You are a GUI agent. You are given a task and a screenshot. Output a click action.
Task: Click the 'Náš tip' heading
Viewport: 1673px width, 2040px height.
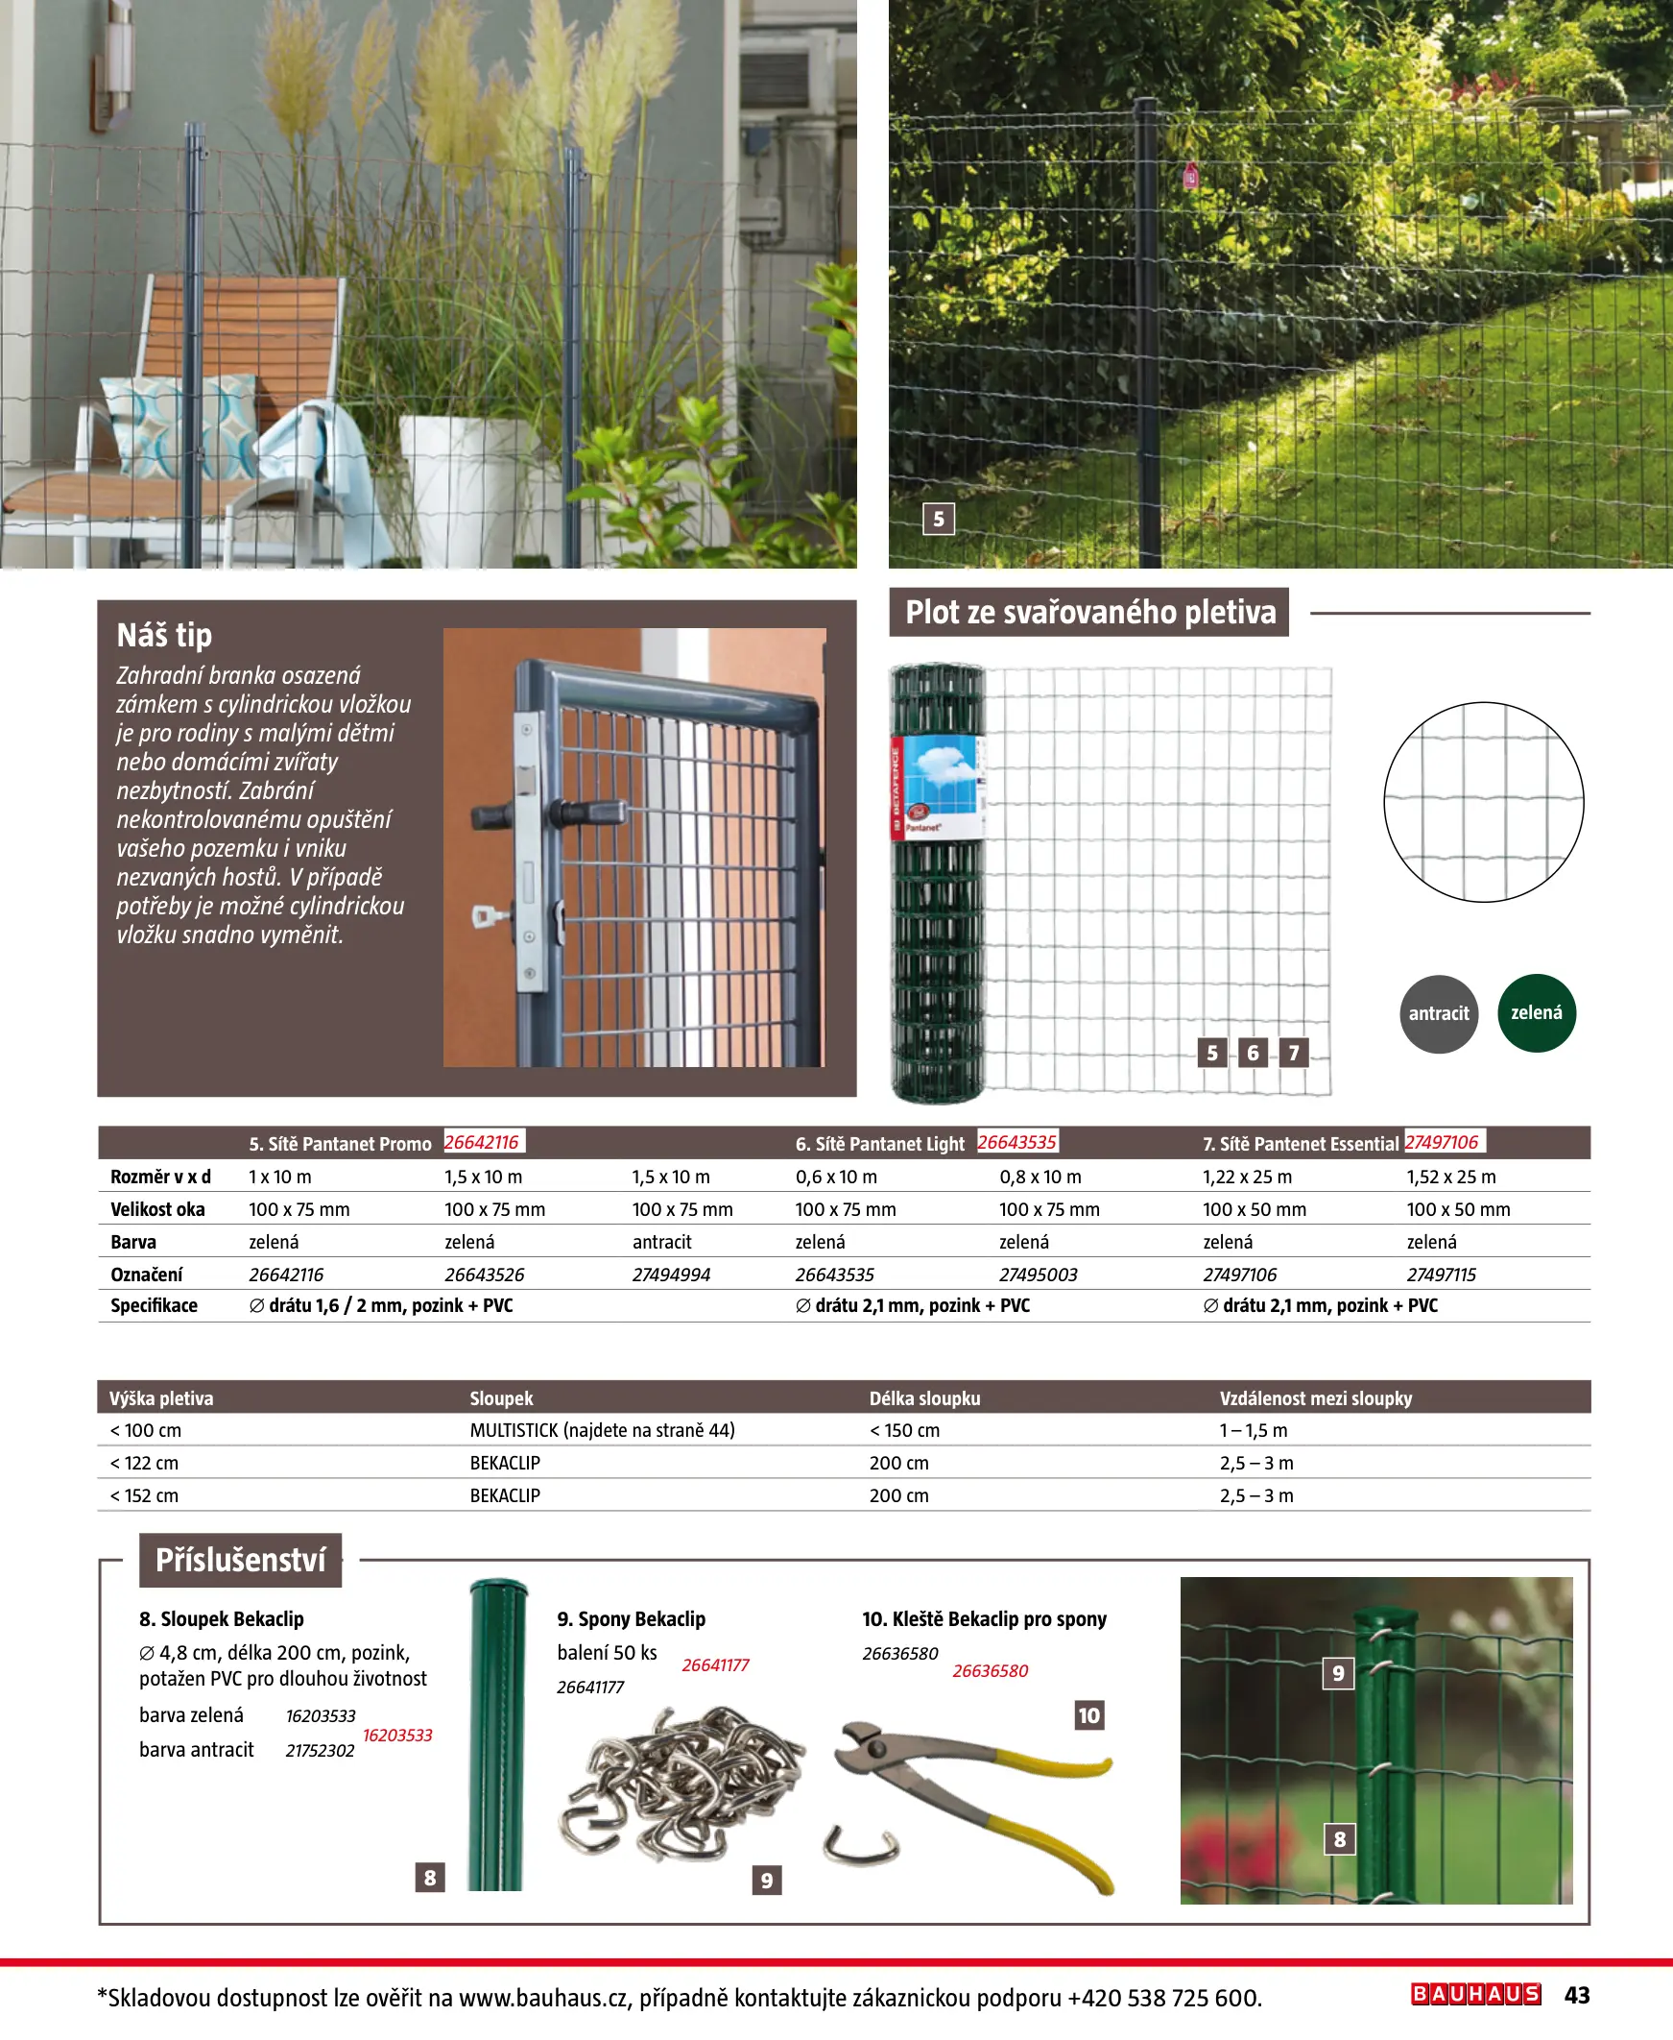click(164, 634)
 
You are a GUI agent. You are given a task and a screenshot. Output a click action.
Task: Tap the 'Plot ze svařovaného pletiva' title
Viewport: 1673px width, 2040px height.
click(1089, 612)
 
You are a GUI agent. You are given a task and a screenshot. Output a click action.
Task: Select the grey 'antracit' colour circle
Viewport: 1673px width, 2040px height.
click(1438, 1013)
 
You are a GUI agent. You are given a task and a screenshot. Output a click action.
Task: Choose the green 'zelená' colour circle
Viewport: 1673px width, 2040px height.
click(1536, 1012)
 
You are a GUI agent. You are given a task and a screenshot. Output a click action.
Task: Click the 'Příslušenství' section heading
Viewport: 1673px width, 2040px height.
click(240, 1559)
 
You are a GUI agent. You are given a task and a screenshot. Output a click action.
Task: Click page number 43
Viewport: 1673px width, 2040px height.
click(1577, 1995)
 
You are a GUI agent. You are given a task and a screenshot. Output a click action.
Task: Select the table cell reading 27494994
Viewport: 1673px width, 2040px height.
click(671, 1275)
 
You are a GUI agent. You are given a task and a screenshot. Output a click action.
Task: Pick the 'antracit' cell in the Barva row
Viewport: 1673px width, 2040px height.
click(661, 1242)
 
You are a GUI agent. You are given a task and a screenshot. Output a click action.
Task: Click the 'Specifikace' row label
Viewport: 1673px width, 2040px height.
click(155, 1305)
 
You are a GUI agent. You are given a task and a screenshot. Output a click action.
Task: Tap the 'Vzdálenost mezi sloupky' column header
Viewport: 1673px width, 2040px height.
click(1316, 1397)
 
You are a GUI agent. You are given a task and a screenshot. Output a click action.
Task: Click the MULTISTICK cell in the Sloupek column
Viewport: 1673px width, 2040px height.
click(603, 1430)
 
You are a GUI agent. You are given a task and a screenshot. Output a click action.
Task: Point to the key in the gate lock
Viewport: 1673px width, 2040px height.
click(490, 914)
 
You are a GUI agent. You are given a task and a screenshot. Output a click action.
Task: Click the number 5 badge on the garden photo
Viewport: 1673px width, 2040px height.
click(939, 519)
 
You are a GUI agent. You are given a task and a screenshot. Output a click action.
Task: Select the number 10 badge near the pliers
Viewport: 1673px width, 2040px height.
click(1088, 1714)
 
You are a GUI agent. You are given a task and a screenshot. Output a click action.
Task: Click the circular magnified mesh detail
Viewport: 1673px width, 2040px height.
click(1483, 802)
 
